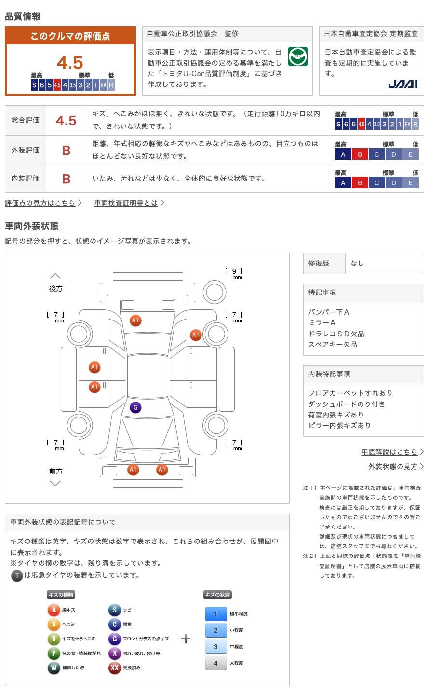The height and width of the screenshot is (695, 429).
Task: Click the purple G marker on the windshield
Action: coord(135,407)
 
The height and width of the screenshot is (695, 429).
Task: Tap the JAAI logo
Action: coord(402,84)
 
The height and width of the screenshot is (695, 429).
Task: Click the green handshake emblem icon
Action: coord(297,56)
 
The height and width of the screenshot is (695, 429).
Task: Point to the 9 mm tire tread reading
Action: coord(234,273)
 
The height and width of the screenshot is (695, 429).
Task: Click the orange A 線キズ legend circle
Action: coord(54,610)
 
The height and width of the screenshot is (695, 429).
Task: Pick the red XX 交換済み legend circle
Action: coord(114,667)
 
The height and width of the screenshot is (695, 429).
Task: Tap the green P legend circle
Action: coord(54,653)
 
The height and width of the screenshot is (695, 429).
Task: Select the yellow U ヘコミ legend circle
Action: coord(54,624)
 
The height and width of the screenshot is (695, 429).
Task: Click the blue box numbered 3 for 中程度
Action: coord(216,647)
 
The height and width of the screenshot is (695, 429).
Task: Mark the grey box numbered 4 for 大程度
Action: coord(216,663)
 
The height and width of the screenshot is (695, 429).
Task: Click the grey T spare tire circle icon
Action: coord(17,576)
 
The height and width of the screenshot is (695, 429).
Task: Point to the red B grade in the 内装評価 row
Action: coord(67,179)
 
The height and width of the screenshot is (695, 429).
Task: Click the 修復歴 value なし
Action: coord(357,263)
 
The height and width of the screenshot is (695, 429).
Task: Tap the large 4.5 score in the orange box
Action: coord(70,62)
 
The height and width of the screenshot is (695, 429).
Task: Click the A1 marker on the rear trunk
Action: coord(135,320)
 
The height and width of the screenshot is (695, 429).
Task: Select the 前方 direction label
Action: coord(56,471)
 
